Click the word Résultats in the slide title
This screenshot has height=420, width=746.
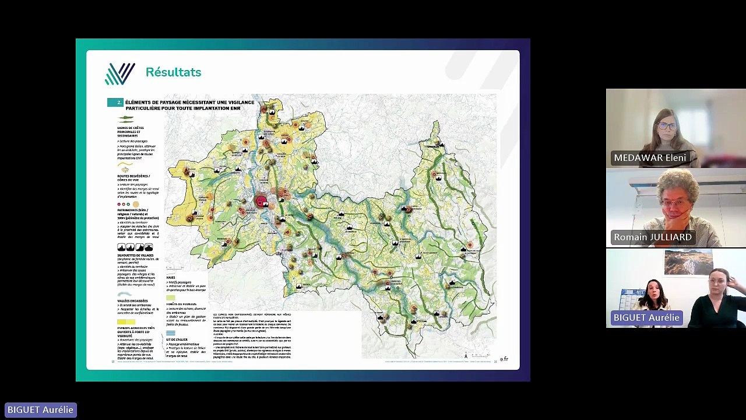point(173,72)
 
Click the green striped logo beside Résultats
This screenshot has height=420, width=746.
point(120,73)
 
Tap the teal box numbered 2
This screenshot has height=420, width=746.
point(115,103)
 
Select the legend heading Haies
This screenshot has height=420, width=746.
point(171,278)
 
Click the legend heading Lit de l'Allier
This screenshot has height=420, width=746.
point(177,339)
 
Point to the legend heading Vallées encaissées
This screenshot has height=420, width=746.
point(132,301)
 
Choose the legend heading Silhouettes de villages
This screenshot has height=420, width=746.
point(136,256)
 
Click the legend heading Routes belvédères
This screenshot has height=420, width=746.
point(133,176)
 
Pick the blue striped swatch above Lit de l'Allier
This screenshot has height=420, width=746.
point(171,333)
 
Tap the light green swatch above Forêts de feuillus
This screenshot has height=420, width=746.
point(171,297)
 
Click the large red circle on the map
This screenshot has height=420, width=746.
point(261,202)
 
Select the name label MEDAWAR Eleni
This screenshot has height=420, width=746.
point(649,158)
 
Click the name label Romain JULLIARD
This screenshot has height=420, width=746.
point(652,237)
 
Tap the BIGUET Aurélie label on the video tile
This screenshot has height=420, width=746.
point(646,318)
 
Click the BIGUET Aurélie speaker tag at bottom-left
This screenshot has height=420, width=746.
point(40,410)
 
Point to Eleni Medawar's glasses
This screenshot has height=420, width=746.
point(667,126)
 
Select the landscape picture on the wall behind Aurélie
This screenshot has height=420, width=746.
point(688,262)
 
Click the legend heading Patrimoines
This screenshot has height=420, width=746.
point(132,210)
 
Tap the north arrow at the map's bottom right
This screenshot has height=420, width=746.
point(465,355)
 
